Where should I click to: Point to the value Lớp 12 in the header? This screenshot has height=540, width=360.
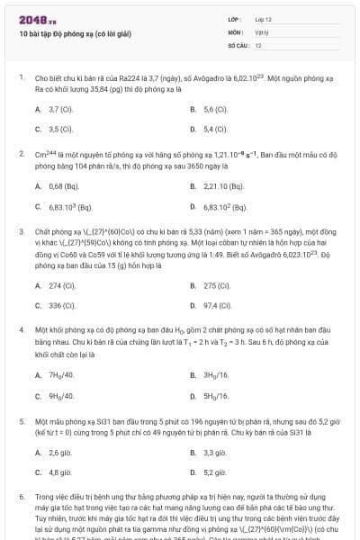264,19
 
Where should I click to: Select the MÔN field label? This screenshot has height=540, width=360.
235,31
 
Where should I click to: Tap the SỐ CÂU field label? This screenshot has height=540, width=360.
238,44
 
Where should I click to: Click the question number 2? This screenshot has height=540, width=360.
21,154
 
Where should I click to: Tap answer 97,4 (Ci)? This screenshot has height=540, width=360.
217,305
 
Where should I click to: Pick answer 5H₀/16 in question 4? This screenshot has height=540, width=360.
217,394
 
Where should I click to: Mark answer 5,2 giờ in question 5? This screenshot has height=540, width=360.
214,472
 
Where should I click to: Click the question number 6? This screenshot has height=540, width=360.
21,496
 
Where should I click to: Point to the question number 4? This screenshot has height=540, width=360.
21,330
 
